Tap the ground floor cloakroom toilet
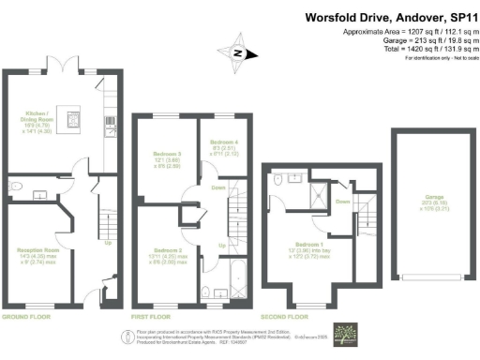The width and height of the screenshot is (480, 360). point(18,187)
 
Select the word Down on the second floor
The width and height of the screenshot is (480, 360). point(342,201)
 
